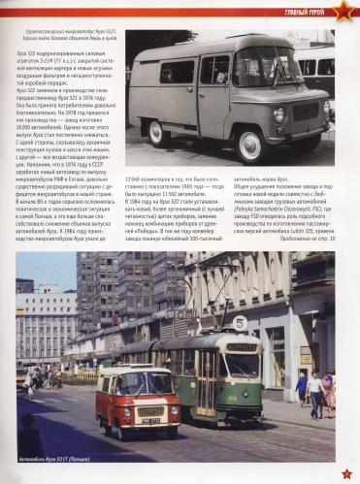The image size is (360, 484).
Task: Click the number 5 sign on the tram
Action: pos(240,323)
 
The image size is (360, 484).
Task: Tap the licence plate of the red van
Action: pos(152,420)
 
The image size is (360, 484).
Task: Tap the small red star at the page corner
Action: pos(345,472)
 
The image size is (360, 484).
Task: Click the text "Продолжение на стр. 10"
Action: pos(309,237)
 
